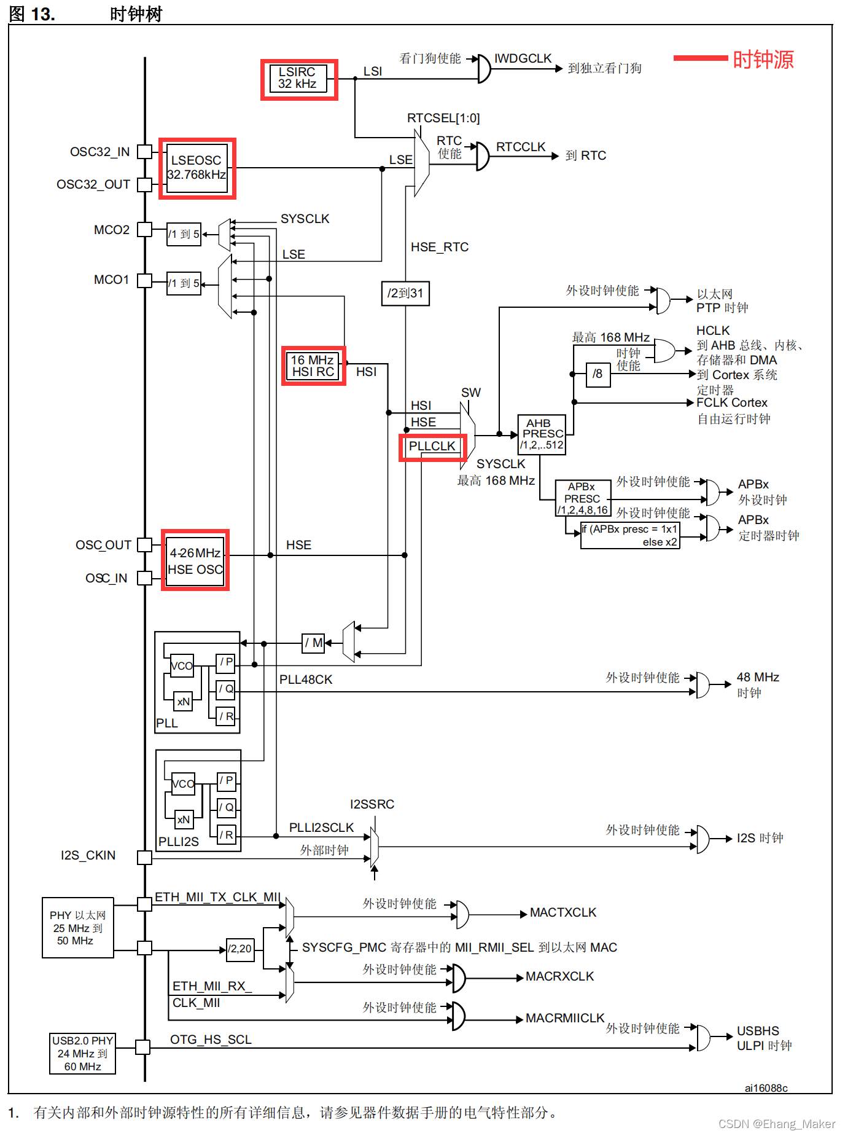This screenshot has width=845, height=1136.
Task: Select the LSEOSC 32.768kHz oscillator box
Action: point(197,168)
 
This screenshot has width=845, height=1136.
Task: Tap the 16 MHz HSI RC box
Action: point(313,366)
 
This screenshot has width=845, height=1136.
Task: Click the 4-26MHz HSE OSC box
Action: point(195,560)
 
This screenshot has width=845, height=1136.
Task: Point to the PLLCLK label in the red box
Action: point(432,446)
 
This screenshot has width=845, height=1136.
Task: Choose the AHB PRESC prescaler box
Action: point(542,434)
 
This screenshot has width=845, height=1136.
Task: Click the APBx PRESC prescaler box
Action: point(583,498)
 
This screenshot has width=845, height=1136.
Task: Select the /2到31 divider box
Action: point(405,293)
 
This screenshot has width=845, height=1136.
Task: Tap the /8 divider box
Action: point(598,374)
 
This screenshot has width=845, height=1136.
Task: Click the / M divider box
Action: point(313,643)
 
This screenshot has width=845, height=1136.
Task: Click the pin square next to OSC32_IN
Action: point(144,152)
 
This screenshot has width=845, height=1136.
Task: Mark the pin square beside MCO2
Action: point(144,230)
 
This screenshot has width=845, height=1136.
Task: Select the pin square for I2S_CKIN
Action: point(144,857)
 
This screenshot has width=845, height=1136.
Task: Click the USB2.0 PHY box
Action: point(82,1054)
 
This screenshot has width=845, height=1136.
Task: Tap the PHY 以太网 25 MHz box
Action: point(78,928)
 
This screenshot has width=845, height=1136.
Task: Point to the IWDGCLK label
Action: point(523,58)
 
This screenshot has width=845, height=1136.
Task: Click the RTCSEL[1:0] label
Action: point(443,118)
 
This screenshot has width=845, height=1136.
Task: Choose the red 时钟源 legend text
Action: point(763,60)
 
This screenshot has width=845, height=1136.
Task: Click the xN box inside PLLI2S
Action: point(184,820)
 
